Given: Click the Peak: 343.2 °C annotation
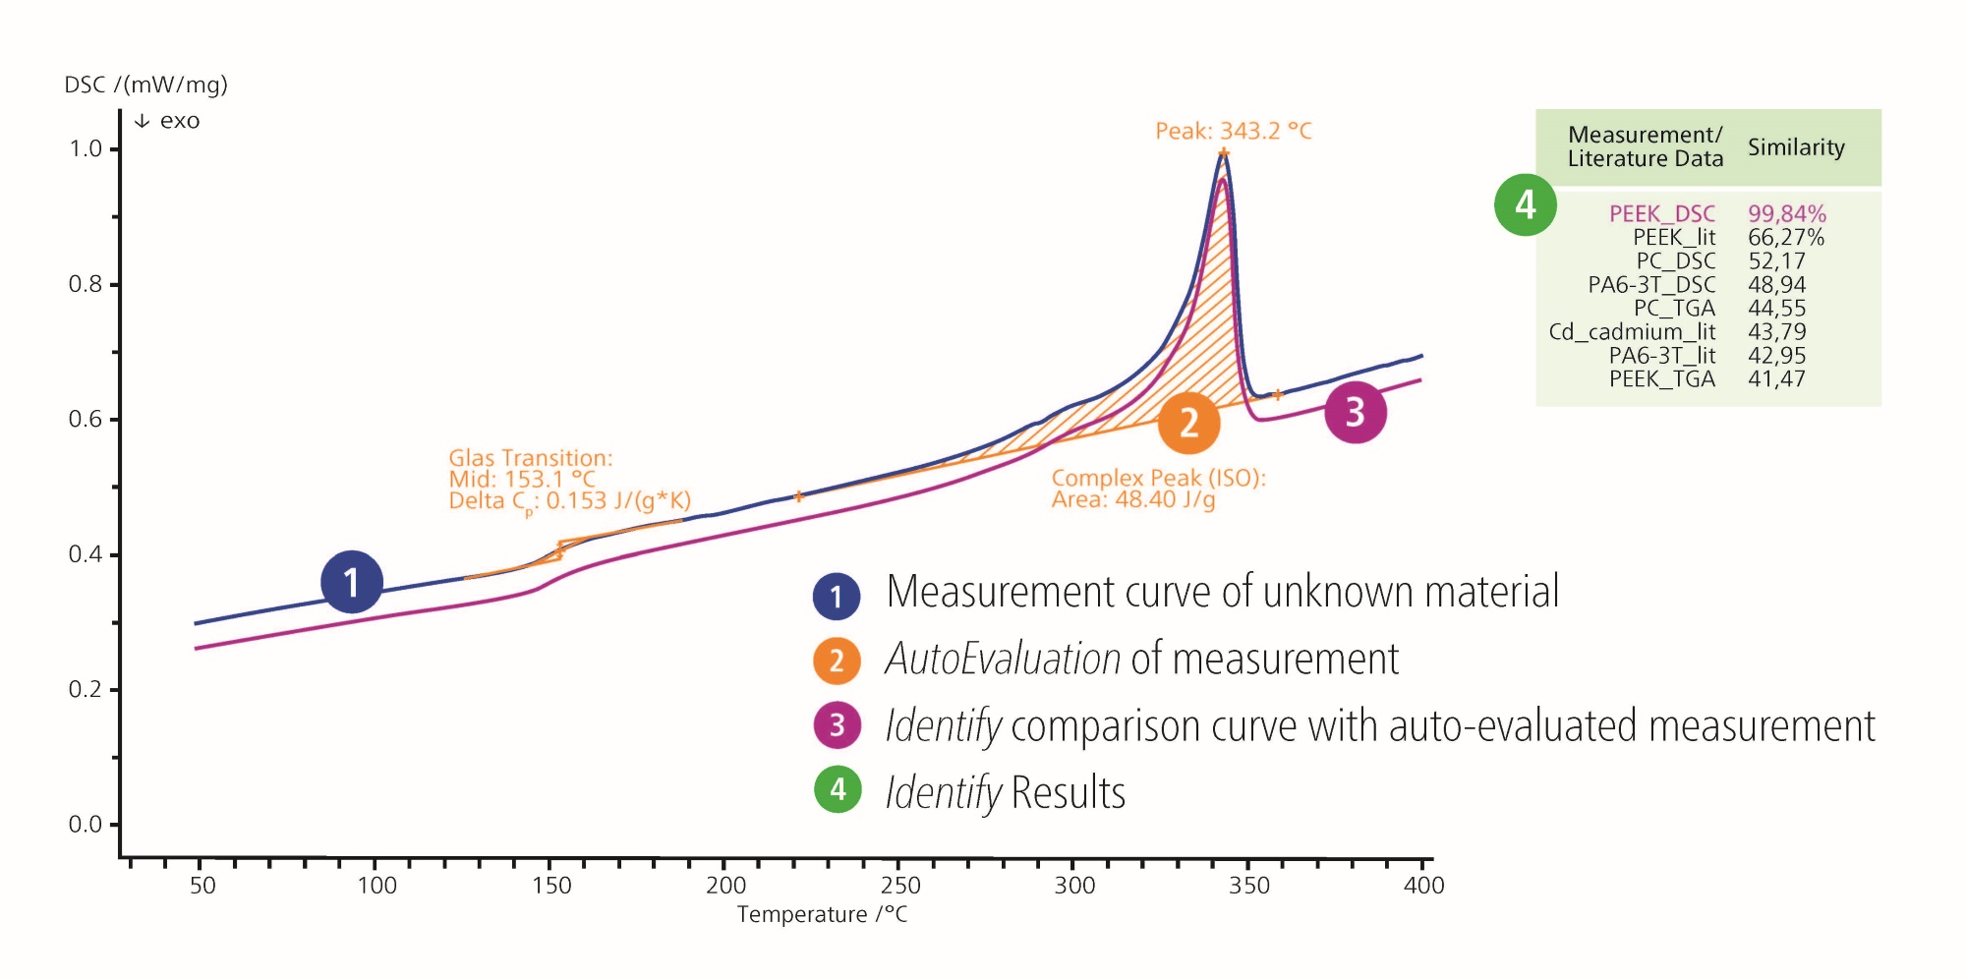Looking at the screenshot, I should tap(1233, 131).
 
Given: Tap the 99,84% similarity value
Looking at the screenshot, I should tap(1786, 213).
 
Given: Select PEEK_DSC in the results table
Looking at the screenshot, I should tap(1661, 213).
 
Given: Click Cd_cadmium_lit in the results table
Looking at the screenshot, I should tap(1632, 332).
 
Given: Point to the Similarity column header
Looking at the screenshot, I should tap(1796, 147).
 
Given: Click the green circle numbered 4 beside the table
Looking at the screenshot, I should tap(1525, 204).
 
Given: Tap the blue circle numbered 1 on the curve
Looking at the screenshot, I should tap(351, 582).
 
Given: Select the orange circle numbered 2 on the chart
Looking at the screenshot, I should tap(1188, 423).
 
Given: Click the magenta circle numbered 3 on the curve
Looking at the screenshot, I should tap(1355, 413).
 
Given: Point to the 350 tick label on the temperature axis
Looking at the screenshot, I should tap(1248, 886).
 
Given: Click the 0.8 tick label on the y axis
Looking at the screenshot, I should tap(85, 284).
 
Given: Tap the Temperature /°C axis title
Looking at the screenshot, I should tap(822, 915).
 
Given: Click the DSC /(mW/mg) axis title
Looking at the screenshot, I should tap(145, 85).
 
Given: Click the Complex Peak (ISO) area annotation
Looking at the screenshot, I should tap(1158, 489).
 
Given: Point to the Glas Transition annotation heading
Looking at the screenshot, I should tap(530, 458).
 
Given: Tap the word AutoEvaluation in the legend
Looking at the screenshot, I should tap(1002, 659).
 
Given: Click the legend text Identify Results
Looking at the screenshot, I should tap(1005, 792).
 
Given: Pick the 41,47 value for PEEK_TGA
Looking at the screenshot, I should tap(1776, 379).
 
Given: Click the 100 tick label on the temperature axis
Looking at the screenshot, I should tap(376, 886).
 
